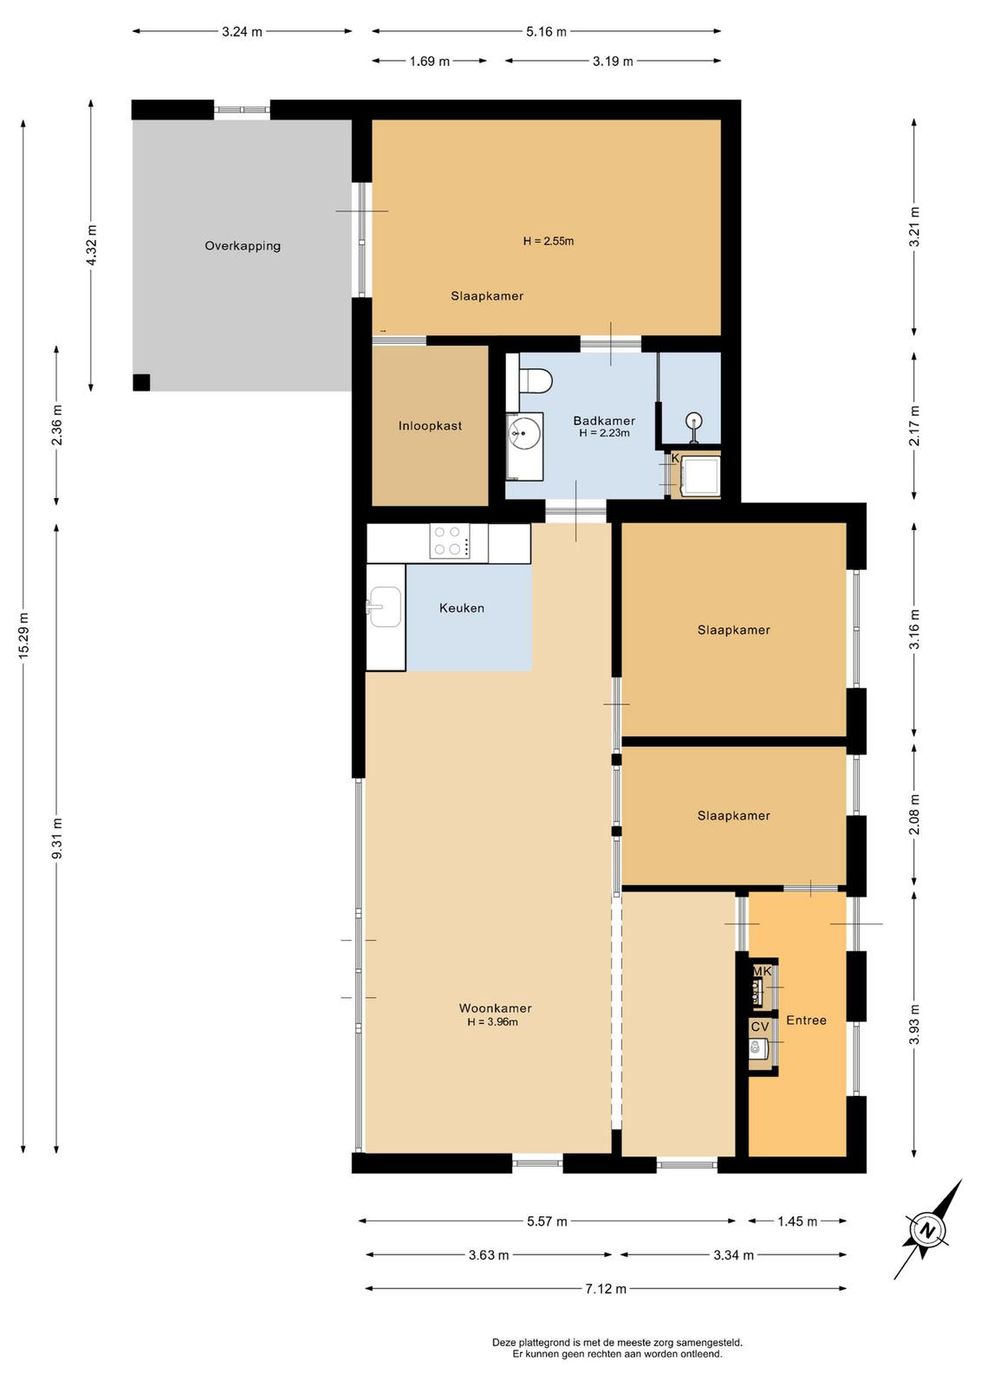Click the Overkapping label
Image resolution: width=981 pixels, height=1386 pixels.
click(x=243, y=246)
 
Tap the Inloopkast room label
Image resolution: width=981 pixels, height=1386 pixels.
click(x=430, y=425)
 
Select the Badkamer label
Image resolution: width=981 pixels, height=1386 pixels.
click(x=604, y=421)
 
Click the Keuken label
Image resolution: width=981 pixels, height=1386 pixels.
click(x=462, y=607)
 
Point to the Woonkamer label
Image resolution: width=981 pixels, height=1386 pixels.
click(x=495, y=1008)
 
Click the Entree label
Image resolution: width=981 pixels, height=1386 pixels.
click(x=806, y=1020)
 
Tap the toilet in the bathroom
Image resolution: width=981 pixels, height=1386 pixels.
click(x=535, y=380)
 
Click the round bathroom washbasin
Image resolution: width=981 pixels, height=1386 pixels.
click(x=524, y=431)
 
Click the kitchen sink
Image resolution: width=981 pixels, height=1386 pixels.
click(x=385, y=606)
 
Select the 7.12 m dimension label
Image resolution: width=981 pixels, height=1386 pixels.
click(x=606, y=1288)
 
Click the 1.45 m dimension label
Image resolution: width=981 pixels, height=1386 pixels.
click(x=797, y=1221)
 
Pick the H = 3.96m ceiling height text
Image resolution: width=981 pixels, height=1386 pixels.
click(x=492, y=1021)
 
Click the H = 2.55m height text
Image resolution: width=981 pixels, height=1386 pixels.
click(x=549, y=242)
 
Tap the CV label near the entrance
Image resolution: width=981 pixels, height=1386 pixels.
click(x=759, y=1027)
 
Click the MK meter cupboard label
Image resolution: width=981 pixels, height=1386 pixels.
click(x=762, y=971)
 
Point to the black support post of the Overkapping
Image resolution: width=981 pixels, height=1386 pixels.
click(x=141, y=382)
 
